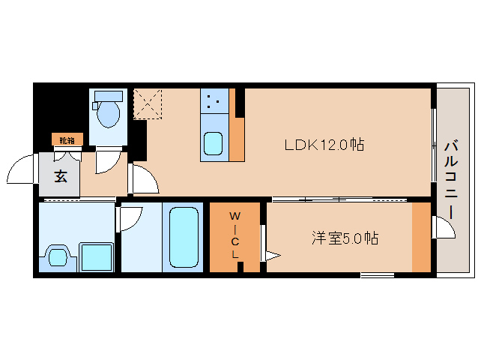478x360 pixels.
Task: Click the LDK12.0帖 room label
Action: tap(324, 145)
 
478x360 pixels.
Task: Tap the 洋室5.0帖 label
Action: tap(345, 238)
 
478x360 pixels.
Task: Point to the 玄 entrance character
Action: tap(61, 177)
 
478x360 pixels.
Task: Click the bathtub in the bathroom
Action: tap(184, 236)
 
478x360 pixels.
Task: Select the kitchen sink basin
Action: tap(213, 142)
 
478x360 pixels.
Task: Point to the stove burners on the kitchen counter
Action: tap(213, 100)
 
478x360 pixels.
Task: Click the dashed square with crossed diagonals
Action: tap(148, 103)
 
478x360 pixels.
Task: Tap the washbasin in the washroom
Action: tap(58, 256)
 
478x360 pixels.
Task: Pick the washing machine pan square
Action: tap(97, 256)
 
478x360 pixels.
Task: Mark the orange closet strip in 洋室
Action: tap(421, 237)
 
